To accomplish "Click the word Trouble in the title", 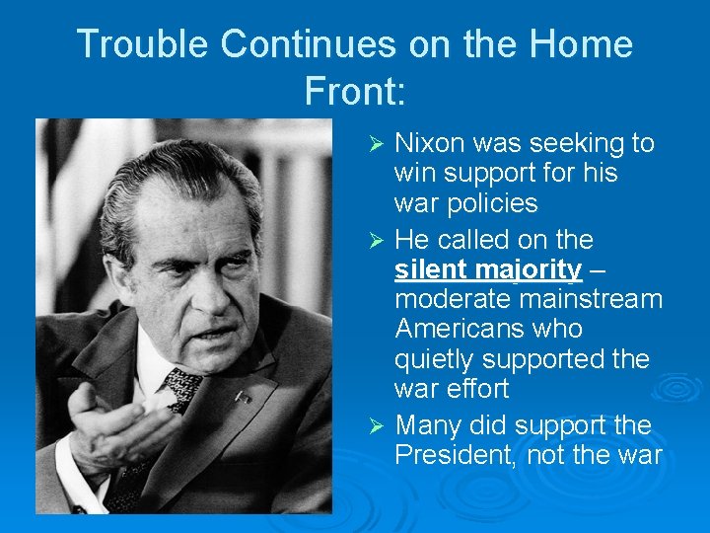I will tap(143, 44).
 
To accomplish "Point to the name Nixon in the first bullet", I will tap(430, 143).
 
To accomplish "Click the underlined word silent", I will tap(431, 268).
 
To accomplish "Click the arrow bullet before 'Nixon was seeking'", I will tap(375, 145).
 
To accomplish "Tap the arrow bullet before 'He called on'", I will tap(375, 240).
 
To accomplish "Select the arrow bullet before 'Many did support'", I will tap(375, 426).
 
